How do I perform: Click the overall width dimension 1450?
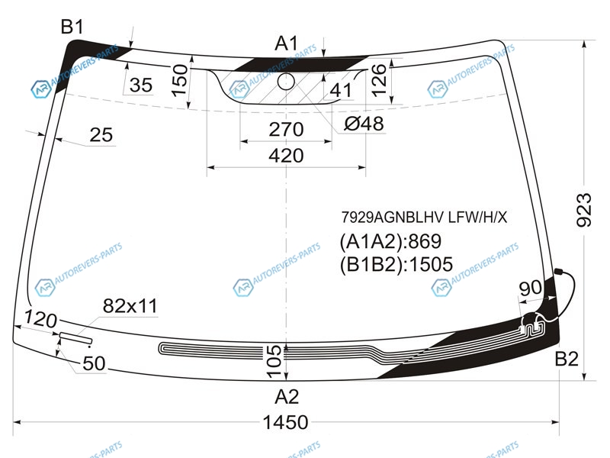point(285,422)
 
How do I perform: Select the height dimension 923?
point(583,211)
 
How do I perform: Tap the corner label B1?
point(72,27)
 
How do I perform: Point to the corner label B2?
point(567,359)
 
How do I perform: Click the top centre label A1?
point(287,44)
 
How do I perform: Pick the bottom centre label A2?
point(287,397)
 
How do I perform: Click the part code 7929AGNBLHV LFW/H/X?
point(425,218)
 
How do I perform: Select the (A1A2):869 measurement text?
point(390,241)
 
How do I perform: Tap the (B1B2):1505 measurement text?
point(396,264)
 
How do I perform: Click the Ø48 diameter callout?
point(364,124)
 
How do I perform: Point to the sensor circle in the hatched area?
point(286,81)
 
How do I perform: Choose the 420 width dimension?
point(286,156)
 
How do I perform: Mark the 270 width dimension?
point(286,129)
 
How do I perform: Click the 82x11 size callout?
point(130,306)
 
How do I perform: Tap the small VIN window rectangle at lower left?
point(75,338)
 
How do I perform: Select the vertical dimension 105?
point(274,361)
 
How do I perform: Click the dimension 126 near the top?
point(378,80)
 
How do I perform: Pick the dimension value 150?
point(179,80)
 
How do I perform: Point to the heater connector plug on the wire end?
point(558,272)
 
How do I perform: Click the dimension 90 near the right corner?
point(530,288)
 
